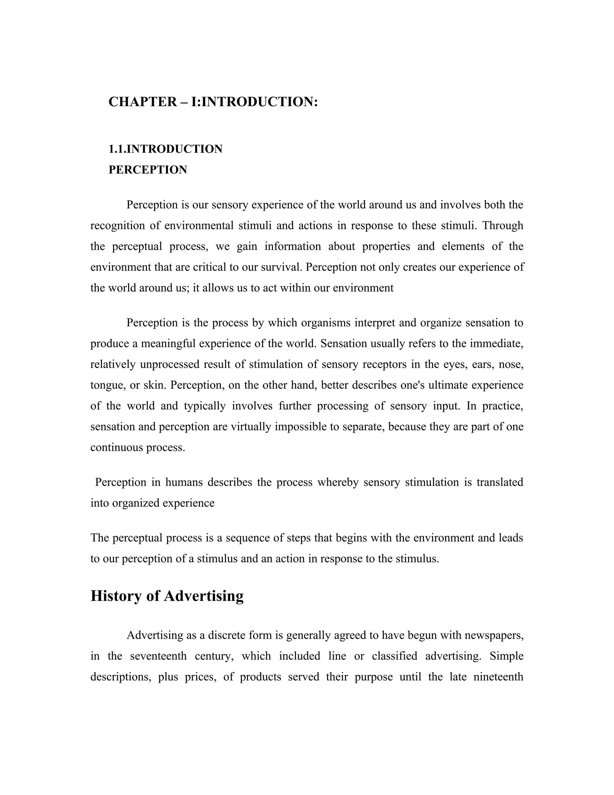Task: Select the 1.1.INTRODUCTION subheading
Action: tap(165, 149)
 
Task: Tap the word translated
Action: tap(500, 482)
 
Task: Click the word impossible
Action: tap(300, 427)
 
